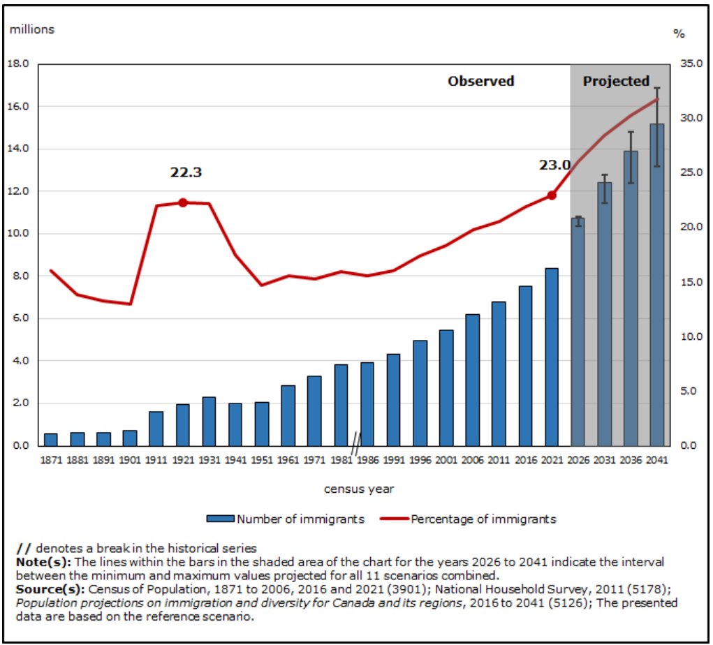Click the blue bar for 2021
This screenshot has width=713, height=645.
point(552,357)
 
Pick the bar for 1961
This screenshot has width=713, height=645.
point(288,415)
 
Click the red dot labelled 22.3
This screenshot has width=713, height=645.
point(183,202)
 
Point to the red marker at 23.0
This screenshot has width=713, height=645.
point(552,195)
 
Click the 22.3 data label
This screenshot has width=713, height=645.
point(186,172)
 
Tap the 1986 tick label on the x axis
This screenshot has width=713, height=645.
point(367,460)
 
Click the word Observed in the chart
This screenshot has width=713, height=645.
point(480,81)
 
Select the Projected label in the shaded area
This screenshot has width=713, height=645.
point(616,81)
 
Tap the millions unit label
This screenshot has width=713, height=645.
point(31,29)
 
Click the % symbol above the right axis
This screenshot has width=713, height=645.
point(679,33)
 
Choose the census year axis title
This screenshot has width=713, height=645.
point(358,489)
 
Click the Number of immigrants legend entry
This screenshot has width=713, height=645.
point(286,519)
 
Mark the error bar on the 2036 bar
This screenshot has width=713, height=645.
point(630,157)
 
